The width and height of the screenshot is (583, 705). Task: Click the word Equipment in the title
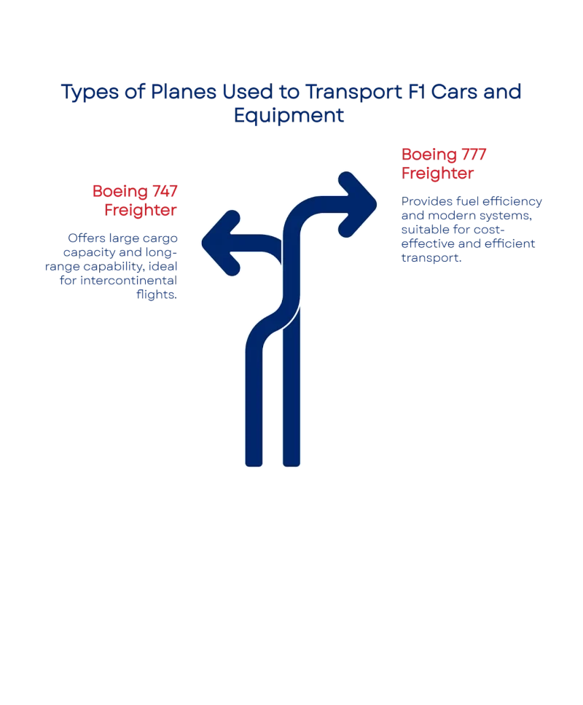(x=291, y=115)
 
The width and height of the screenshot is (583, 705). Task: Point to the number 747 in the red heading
(x=165, y=192)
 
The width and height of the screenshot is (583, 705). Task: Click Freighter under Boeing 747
(x=142, y=209)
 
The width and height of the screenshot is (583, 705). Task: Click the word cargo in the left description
(x=157, y=238)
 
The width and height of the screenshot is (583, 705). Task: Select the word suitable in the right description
(x=422, y=230)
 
